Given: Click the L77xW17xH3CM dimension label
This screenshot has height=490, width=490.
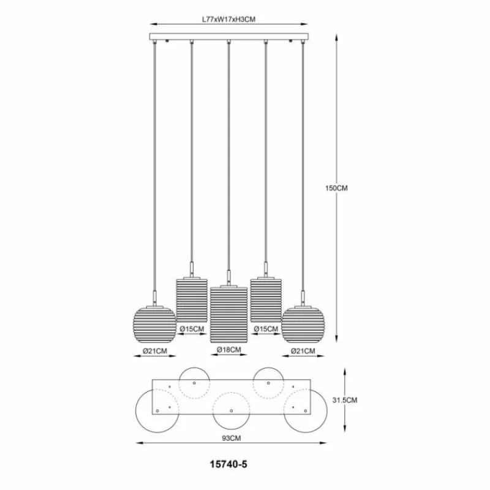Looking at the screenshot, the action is click(228, 20).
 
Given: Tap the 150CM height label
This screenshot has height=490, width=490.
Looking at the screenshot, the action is click(336, 188).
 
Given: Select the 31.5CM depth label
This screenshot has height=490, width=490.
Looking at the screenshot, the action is click(345, 400).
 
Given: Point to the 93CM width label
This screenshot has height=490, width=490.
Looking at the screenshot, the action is click(232, 438).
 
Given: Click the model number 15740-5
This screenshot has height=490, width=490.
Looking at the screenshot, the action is click(228, 464).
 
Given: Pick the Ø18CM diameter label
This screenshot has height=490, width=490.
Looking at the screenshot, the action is click(229, 349).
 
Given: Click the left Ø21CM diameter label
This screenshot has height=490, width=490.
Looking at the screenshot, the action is click(155, 351).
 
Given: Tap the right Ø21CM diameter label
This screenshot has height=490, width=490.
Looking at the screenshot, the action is click(303, 351).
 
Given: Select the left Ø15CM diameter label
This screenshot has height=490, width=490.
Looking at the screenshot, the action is click(192, 329).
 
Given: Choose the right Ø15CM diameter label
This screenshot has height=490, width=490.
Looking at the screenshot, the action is click(266, 329).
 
